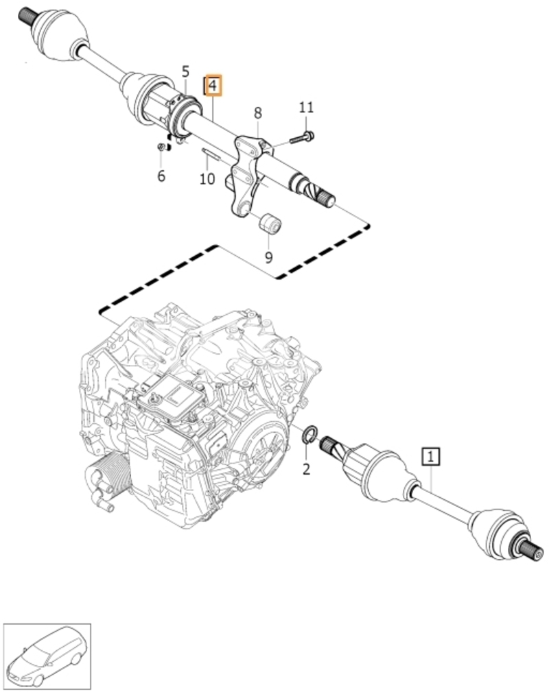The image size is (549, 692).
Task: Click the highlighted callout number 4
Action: pos(213,85)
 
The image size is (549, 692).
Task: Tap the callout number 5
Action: pos(185,71)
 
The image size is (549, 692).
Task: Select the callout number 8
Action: pos(257,113)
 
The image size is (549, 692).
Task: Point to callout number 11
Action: pos(306,107)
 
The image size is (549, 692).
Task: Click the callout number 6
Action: pos(161,176)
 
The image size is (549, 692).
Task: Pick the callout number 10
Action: pos(207,179)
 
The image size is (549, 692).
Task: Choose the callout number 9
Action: pos(268,257)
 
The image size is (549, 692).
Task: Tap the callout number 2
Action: pos(307,468)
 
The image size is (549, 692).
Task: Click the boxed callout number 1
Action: pos(431,456)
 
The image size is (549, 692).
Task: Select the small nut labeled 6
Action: pos(162,147)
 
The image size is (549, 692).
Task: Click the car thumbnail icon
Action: pos(47,656)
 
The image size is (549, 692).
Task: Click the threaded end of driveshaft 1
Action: pos(533,553)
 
